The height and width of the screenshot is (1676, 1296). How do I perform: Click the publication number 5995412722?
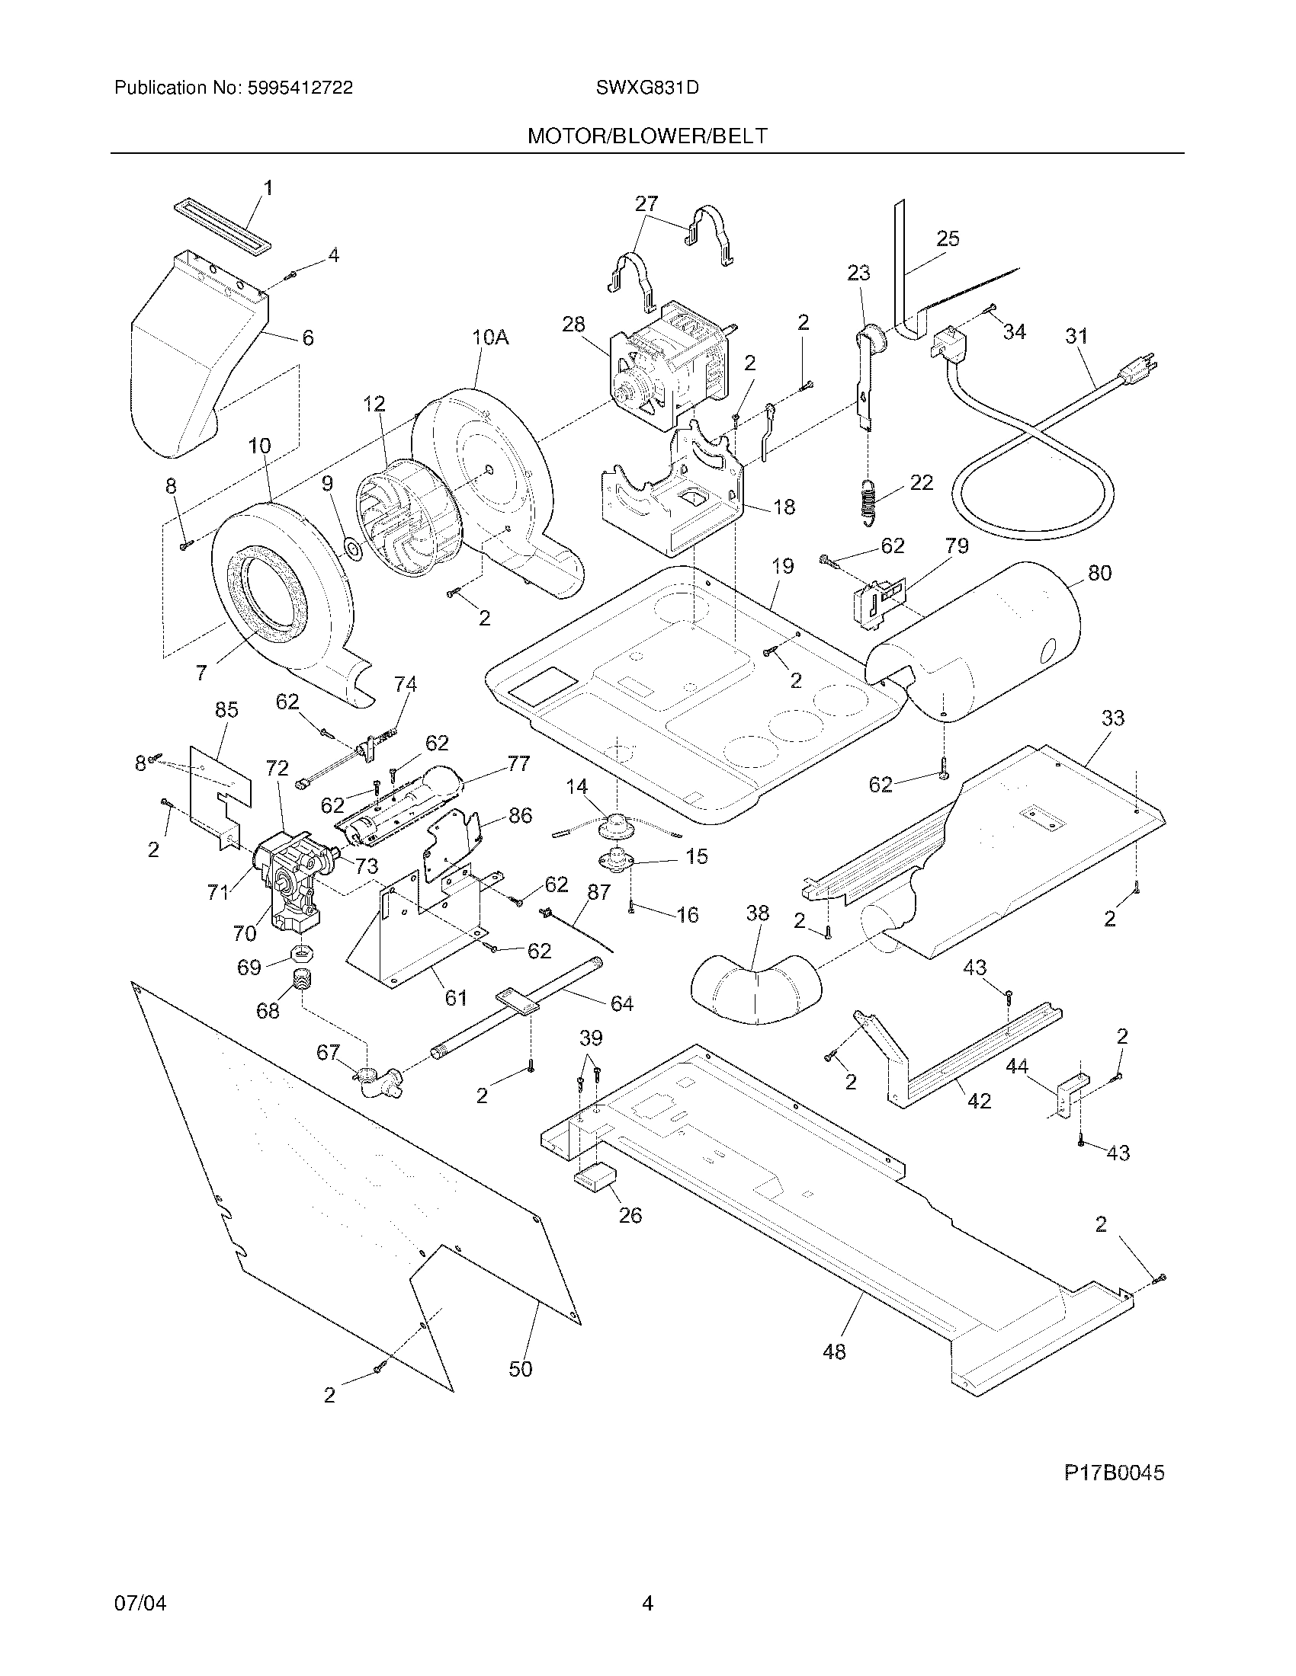(300, 88)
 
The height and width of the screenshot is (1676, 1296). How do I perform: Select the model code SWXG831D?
(646, 88)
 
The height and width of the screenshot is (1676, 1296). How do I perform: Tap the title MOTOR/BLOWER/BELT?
(646, 136)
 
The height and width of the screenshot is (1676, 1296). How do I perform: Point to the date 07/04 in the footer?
(140, 1624)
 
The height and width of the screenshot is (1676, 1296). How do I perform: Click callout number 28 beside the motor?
(573, 324)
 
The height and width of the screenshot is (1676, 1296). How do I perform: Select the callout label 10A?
(490, 337)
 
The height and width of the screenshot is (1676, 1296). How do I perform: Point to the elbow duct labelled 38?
(754, 990)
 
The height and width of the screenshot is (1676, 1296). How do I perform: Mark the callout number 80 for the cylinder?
(1099, 572)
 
